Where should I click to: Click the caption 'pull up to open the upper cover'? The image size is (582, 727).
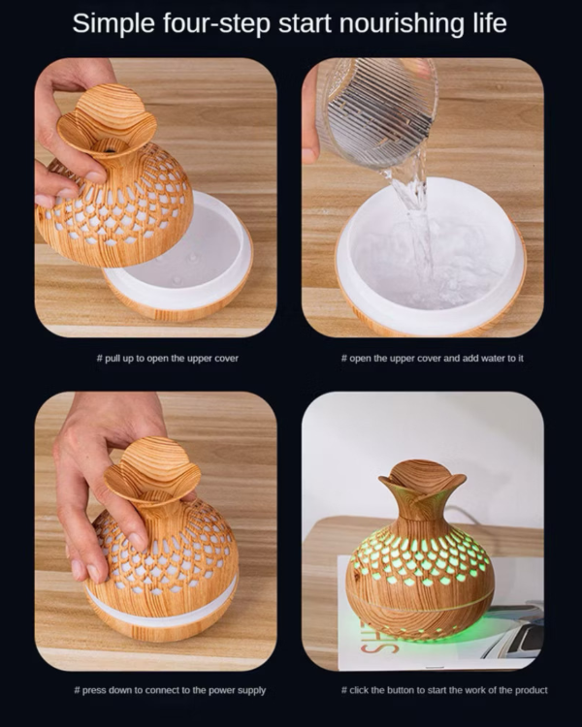point(167,358)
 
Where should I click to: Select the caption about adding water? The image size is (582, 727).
point(432,358)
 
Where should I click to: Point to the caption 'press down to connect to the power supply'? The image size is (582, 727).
point(167,690)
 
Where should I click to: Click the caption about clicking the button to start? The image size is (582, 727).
point(432,690)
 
